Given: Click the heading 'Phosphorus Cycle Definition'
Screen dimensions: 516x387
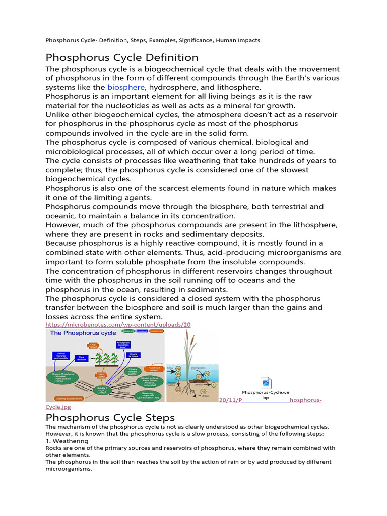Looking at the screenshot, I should (122, 57).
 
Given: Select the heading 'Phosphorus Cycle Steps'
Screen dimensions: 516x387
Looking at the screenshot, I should (110, 418).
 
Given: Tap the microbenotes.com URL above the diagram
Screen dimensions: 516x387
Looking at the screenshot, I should (118, 325).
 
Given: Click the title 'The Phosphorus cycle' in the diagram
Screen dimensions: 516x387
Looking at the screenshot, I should (83, 333).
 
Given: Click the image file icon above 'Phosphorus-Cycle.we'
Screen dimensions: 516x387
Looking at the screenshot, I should (266, 382).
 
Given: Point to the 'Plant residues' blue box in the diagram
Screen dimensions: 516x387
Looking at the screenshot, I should (82, 358).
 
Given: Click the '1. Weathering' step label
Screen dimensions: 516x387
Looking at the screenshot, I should (67, 441).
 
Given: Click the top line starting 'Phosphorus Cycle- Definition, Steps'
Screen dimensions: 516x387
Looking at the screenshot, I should (153, 40).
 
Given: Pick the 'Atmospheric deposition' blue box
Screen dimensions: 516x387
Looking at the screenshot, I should (123, 345).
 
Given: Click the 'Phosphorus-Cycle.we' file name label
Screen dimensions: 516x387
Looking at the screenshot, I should (266, 392).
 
